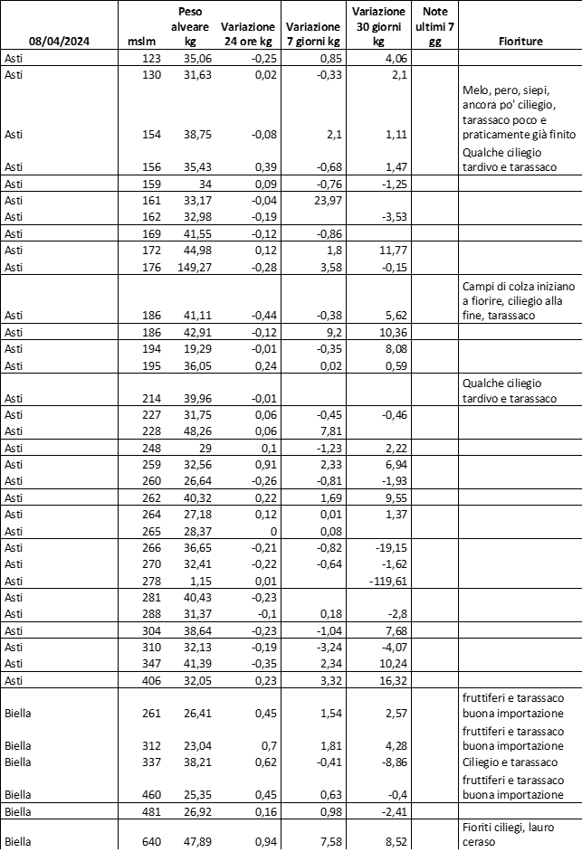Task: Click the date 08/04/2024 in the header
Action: pyautogui.click(x=60, y=42)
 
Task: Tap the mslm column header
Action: pyautogui.click(x=143, y=42)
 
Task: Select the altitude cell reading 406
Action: pyautogui.click(x=149, y=679)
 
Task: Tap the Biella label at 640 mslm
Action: pyautogui.click(x=17, y=840)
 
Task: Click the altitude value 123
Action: pyautogui.click(x=149, y=59)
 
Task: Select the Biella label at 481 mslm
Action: pyautogui.click(x=17, y=810)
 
